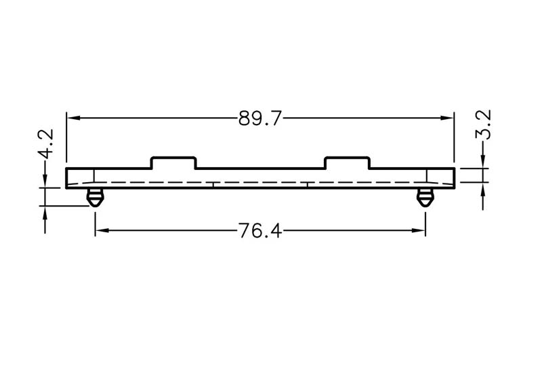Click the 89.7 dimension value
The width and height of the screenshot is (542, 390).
(260, 118)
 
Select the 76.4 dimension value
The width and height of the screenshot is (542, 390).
(260, 231)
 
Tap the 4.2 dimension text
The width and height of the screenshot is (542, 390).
(45, 144)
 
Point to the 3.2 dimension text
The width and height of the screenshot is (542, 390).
(483, 125)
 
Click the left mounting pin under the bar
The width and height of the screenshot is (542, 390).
(95, 198)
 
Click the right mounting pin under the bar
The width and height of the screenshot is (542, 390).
(425, 198)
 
